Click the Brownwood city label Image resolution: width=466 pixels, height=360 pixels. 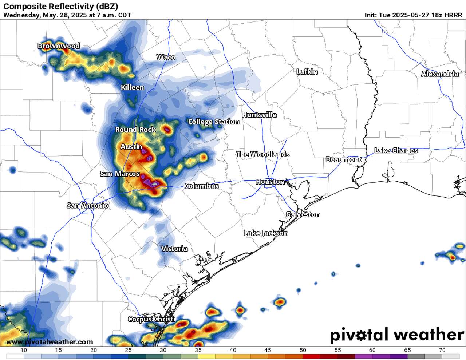click(x=59, y=46)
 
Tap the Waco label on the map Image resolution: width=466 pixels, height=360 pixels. click(x=166, y=57)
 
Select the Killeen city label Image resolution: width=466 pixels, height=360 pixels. click(x=133, y=87)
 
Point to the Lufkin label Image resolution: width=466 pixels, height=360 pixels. click(x=307, y=72)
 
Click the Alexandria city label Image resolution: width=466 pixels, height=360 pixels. click(x=440, y=74)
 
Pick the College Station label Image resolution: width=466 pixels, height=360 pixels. click(x=213, y=122)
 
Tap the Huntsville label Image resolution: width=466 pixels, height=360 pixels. click(x=259, y=115)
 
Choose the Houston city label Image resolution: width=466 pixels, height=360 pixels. click(x=270, y=182)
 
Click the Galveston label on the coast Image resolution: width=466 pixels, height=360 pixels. click(x=303, y=214)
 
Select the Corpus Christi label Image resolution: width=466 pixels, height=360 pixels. click(x=151, y=319)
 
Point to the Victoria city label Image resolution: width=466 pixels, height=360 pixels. click(x=174, y=249)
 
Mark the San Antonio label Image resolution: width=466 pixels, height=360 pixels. click(x=88, y=206)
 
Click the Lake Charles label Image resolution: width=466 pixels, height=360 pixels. click(x=396, y=150)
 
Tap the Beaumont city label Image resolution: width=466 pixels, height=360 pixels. click(x=343, y=159)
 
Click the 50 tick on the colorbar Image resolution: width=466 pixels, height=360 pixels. click(x=303, y=350)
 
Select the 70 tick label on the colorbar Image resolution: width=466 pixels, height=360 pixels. click(x=442, y=350)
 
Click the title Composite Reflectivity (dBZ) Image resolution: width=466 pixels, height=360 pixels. click(x=60, y=6)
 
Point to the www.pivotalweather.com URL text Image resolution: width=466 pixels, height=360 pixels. click(x=50, y=342)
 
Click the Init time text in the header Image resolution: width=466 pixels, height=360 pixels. click(x=413, y=15)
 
